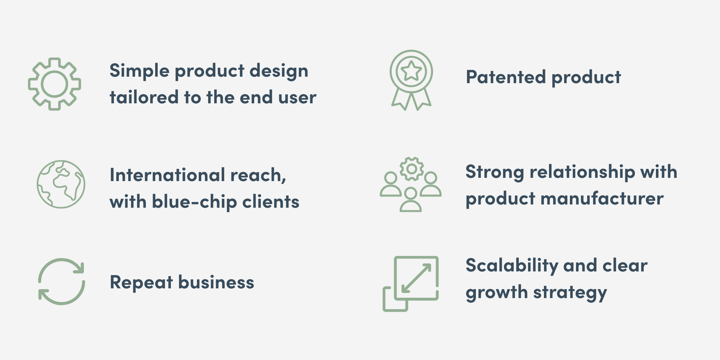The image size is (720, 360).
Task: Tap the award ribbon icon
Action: pyautogui.click(x=411, y=54)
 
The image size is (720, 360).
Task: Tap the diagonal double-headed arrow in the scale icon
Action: pyautogui.click(x=417, y=278)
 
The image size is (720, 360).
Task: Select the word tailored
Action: pyautogui.click(x=144, y=97)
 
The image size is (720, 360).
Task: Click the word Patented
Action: pyautogui.click(x=506, y=77)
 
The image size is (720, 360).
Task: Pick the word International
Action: pyautogui.click(x=167, y=175)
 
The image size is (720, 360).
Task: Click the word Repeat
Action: pyautogui.click(x=141, y=282)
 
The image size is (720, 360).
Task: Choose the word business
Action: pyautogui.click(x=216, y=282)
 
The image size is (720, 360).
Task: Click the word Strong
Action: pyautogui.click(x=495, y=172)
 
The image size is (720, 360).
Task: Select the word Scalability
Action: pyautogui.click(x=512, y=266)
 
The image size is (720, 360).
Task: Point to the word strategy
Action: pyautogui.click(x=570, y=293)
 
